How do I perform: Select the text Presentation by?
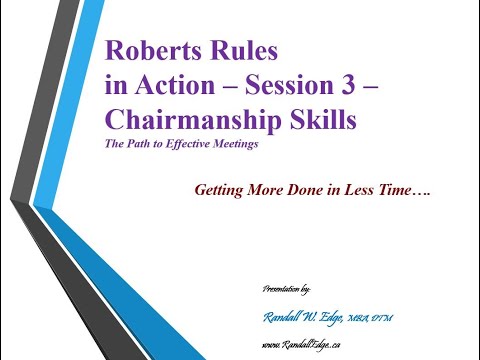[286, 288]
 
